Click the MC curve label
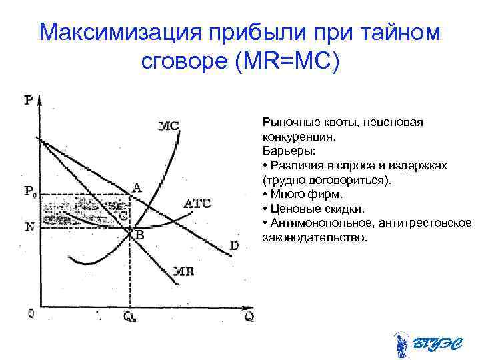point(169,125)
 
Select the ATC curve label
point(197,204)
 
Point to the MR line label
point(183,271)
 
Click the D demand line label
point(234,246)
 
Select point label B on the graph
point(140,235)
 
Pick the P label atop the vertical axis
point(29,101)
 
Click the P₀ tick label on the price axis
point(30,193)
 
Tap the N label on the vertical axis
point(30,227)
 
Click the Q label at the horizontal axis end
point(248,317)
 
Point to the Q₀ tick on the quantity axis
point(131,318)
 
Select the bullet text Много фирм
point(306,194)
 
